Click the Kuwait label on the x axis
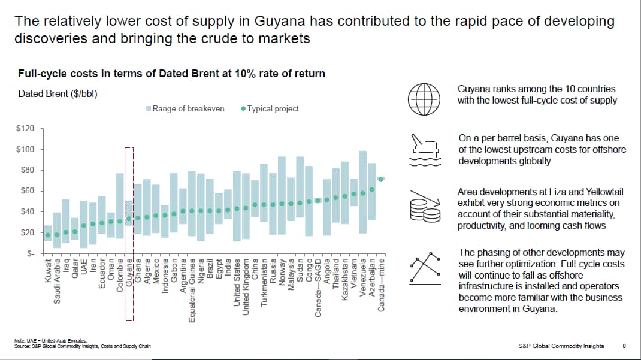(48, 272)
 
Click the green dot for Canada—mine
(380, 179)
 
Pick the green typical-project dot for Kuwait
(48, 235)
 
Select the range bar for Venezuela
(362, 192)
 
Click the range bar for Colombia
(120, 206)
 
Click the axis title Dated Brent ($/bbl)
(58, 93)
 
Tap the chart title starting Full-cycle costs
(172, 74)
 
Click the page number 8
(624, 346)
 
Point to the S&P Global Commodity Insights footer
(561, 346)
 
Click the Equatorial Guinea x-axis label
(192, 289)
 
